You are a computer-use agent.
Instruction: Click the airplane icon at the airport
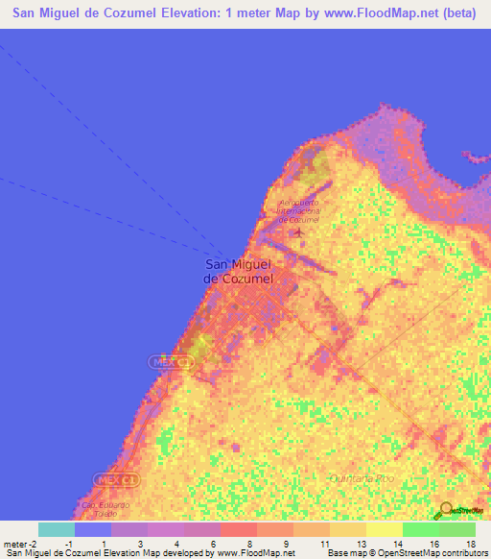pos(299,231)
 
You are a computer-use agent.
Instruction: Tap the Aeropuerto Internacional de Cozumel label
pos(298,211)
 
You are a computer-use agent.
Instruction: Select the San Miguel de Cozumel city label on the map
pos(239,271)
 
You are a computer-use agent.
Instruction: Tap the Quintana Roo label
pos(355,477)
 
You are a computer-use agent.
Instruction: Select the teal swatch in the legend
pos(56,529)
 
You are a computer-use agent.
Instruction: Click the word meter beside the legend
pos(13,546)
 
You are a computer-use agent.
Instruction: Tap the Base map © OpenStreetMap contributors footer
pos(407,554)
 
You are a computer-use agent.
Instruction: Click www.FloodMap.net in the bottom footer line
pos(257,554)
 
